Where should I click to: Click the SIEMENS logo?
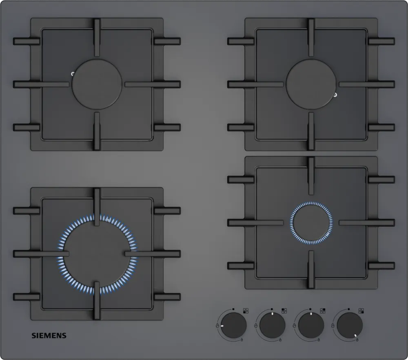point(49,336)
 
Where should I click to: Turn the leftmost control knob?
point(234,325)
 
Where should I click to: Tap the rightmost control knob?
point(350,325)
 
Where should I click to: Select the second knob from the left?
point(273,325)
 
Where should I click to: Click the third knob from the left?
point(311,325)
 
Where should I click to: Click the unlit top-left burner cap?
point(97,84)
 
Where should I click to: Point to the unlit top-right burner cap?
point(311,84)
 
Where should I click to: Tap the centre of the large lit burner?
point(97,254)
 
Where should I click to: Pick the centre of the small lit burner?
point(311,223)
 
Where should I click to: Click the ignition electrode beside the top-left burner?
point(73,74)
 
